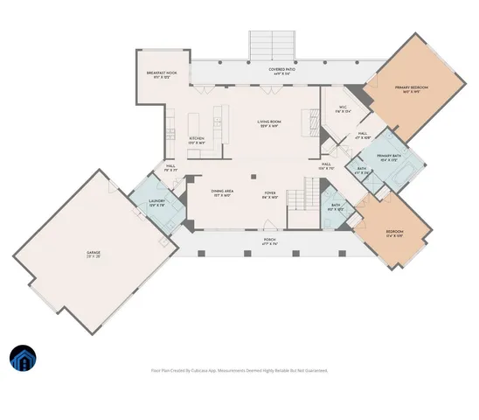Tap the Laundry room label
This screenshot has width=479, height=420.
156,203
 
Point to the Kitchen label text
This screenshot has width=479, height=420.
197,139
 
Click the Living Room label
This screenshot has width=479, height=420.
268,124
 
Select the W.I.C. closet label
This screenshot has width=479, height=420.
343,109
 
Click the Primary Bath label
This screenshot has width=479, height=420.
389,157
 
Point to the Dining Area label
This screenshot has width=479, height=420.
221,193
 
